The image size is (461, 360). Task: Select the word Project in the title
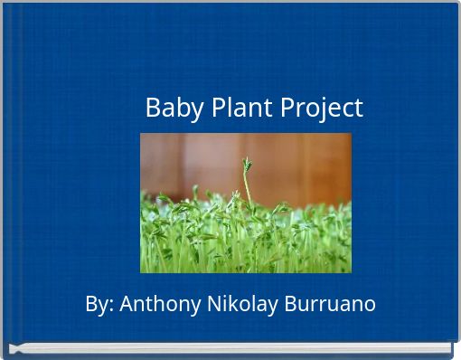tap(321, 109)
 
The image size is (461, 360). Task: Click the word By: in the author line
tap(99, 304)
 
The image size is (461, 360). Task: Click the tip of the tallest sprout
tap(246, 163)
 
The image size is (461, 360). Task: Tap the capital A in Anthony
tap(126, 304)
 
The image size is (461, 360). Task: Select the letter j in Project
tap(317, 109)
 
